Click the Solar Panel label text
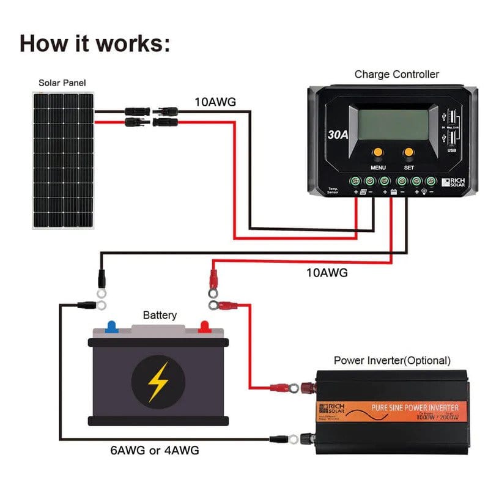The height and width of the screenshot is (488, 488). [x=62, y=83]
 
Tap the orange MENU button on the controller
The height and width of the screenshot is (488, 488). [x=377, y=152]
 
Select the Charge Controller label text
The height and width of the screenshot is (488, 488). [x=396, y=75]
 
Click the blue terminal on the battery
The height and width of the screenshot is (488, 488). [x=111, y=327]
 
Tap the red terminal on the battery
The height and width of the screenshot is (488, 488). [x=204, y=327]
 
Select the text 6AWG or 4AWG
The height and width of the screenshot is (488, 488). [x=154, y=451]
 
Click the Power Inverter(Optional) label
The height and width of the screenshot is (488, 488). [x=392, y=360]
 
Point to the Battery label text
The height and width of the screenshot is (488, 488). [x=160, y=316]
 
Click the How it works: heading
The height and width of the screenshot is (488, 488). [x=95, y=43]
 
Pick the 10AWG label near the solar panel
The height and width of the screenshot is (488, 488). [x=215, y=102]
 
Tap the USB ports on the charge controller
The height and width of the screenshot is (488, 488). [x=451, y=127]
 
